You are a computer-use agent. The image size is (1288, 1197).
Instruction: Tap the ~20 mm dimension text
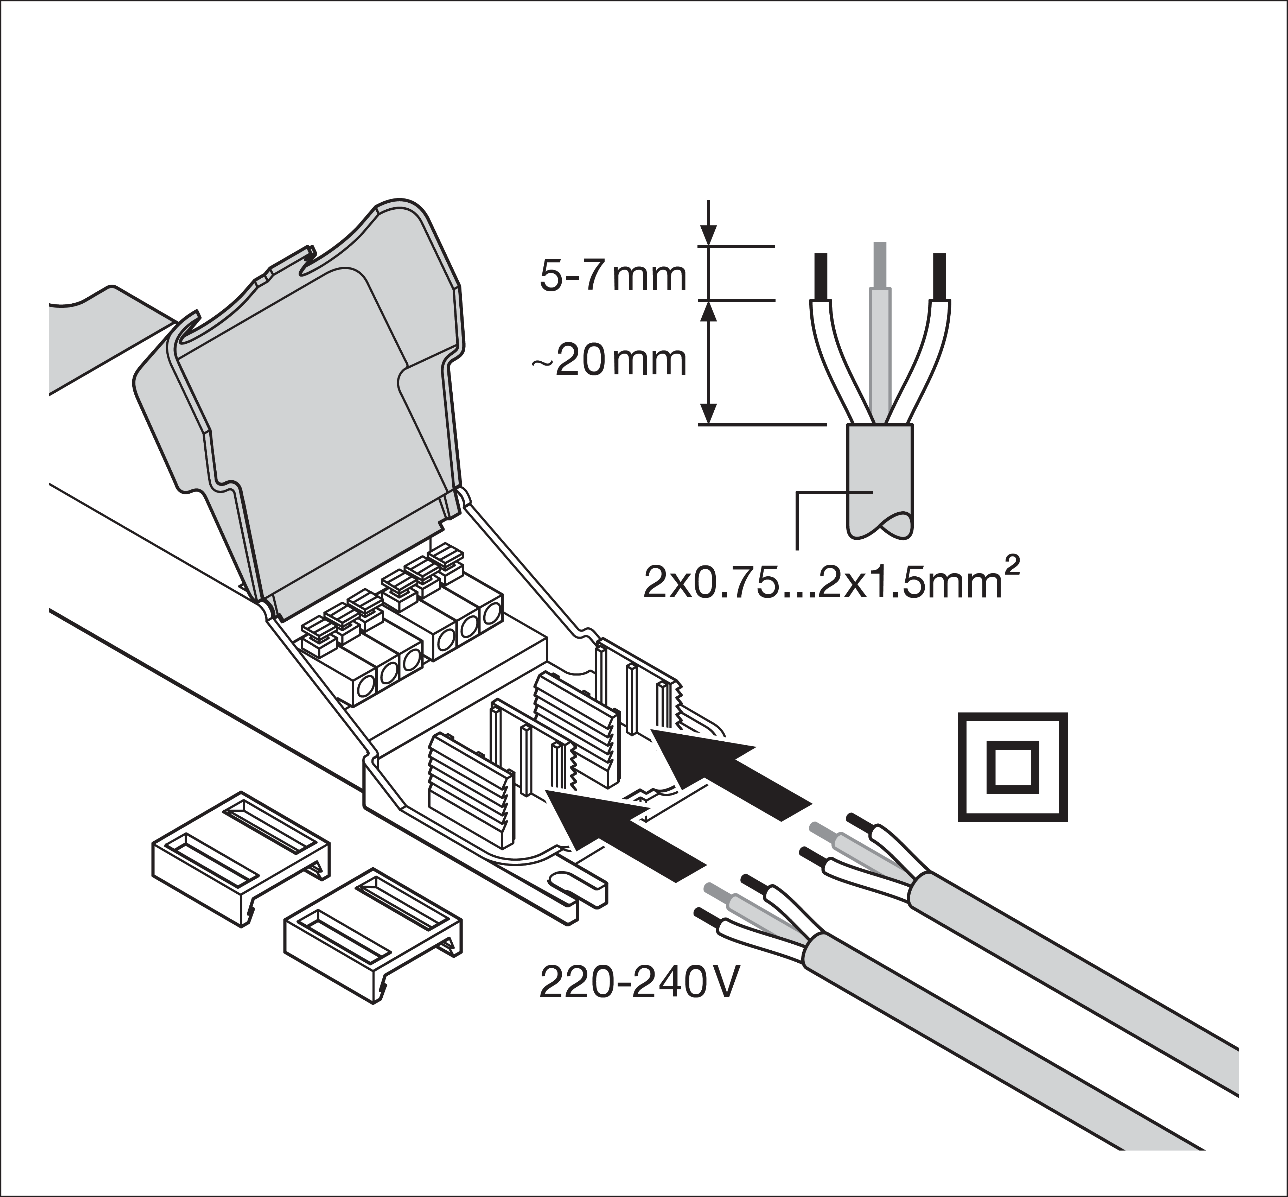coord(609,361)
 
